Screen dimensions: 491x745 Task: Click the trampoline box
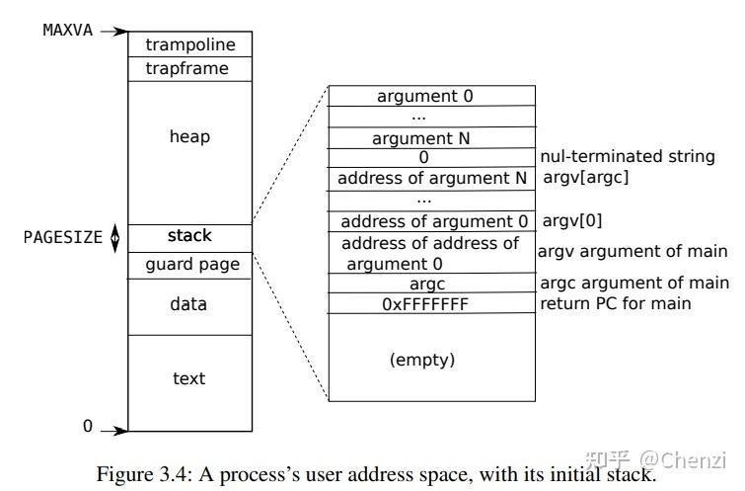pyautogui.click(x=189, y=44)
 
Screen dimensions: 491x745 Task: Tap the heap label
pyautogui.click(x=189, y=136)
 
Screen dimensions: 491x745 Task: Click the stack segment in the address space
pyautogui.click(x=189, y=236)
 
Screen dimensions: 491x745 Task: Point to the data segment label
pyautogui.click(x=189, y=304)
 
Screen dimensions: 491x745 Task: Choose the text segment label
pyautogui.click(x=189, y=378)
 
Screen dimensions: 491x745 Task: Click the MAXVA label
pyautogui.click(x=68, y=30)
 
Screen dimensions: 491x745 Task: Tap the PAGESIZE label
pyautogui.click(x=63, y=237)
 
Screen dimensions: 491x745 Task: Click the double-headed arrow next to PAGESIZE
pyautogui.click(x=114, y=237)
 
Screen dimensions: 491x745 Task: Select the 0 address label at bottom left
pyautogui.click(x=87, y=427)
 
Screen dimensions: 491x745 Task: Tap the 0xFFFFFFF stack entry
pyautogui.click(x=425, y=304)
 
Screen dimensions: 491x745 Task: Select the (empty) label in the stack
pyautogui.click(x=422, y=360)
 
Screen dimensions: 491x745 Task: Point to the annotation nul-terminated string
pyautogui.click(x=628, y=157)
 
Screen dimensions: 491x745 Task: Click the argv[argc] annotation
pyautogui.click(x=586, y=178)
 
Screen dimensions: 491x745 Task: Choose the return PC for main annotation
pyautogui.click(x=616, y=303)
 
